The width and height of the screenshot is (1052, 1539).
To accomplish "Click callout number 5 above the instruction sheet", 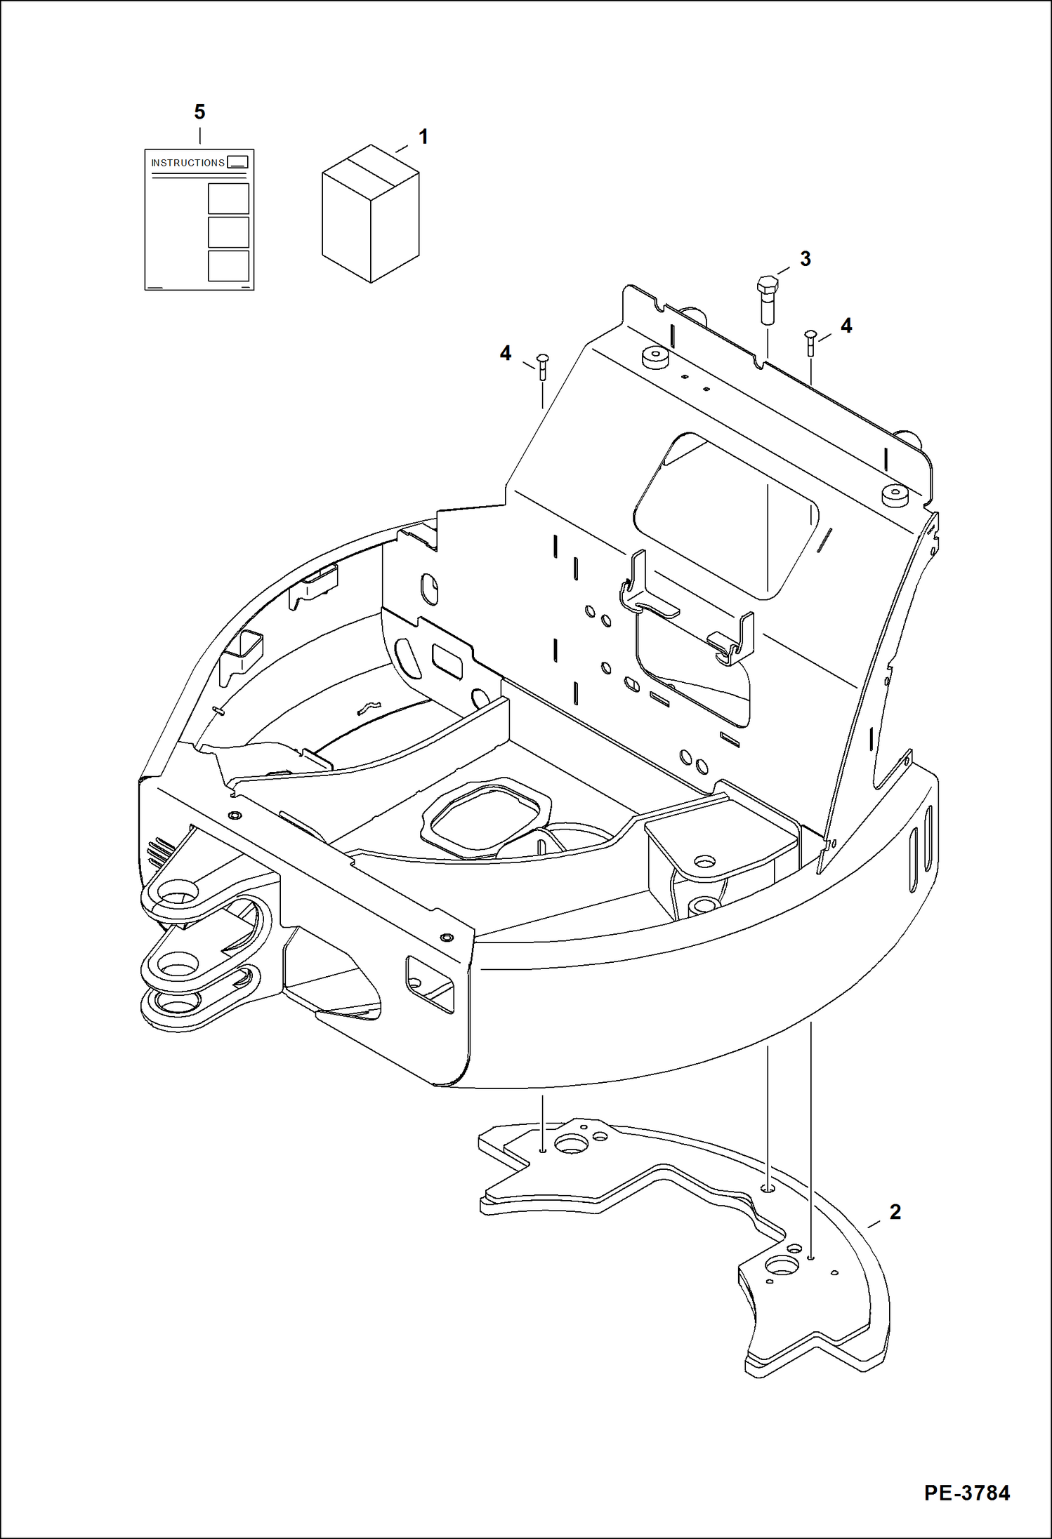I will pyautogui.click(x=199, y=112).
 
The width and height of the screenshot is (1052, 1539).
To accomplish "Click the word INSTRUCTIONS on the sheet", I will pyautogui.click(x=188, y=163).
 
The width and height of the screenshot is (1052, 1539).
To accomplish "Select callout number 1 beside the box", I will pyautogui.click(x=423, y=136).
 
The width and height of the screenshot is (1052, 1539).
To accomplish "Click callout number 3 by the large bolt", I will pyautogui.click(x=806, y=259).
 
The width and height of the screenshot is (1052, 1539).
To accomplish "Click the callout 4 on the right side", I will pyautogui.click(x=846, y=326).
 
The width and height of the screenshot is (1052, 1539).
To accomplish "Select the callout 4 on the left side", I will pyautogui.click(x=506, y=353).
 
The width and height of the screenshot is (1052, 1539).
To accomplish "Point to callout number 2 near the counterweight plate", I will pyautogui.click(x=895, y=1212).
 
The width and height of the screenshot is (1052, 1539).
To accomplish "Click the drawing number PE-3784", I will pyautogui.click(x=967, y=1493).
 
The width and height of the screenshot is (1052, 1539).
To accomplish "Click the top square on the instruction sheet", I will pyautogui.click(x=228, y=199).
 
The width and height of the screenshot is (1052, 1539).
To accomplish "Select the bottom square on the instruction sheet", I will pyautogui.click(x=228, y=266).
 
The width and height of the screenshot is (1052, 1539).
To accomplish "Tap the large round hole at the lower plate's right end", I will pyautogui.click(x=782, y=1267).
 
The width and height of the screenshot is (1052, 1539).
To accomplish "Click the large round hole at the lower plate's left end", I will pyautogui.click(x=572, y=1145).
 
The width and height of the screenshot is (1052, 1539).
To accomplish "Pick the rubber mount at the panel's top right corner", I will pyautogui.click(x=895, y=495).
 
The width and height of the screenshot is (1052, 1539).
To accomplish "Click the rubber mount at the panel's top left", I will pyautogui.click(x=655, y=357).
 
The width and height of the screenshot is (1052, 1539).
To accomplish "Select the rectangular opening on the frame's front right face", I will pyautogui.click(x=430, y=984).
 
